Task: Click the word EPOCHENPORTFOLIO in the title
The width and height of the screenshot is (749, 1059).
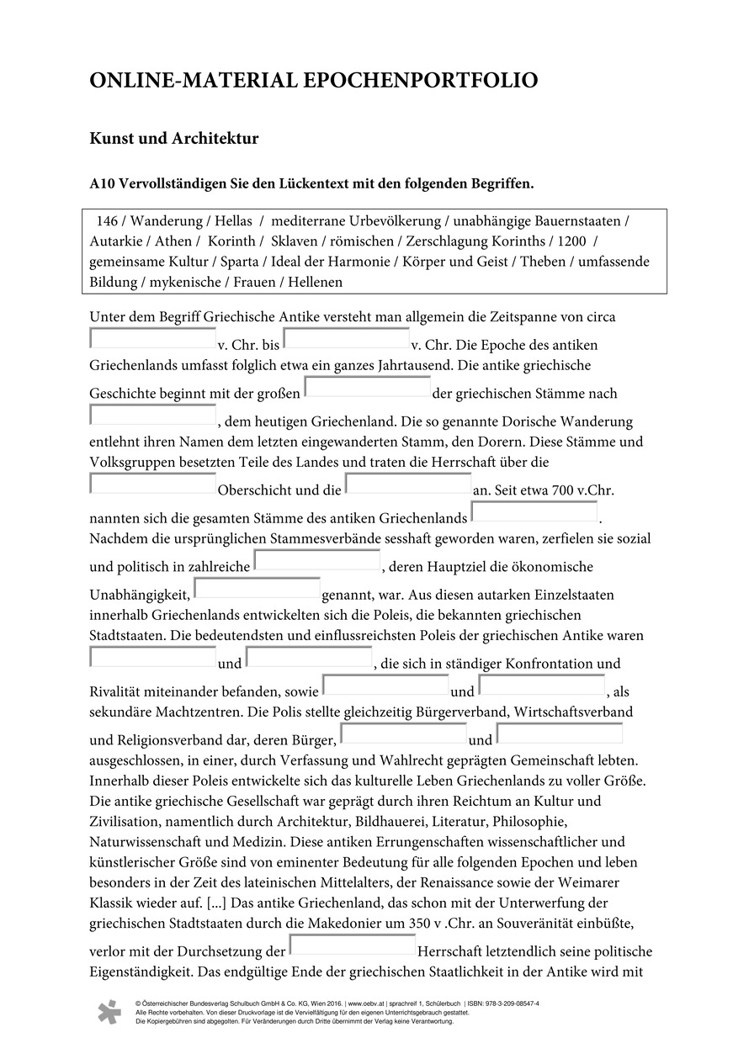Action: pyautogui.click(x=420, y=81)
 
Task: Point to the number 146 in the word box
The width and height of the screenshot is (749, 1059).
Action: pyautogui.click(x=108, y=221)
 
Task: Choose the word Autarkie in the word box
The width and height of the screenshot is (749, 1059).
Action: pyautogui.click(x=116, y=241)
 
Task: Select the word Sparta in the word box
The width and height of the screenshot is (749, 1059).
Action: pyautogui.click(x=238, y=262)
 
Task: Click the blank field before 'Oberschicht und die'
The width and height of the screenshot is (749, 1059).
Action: pyautogui.click(x=153, y=484)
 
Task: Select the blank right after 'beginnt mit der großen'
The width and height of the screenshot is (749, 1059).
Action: pyautogui.click(x=368, y=387)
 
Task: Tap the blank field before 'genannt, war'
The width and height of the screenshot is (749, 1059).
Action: pyautogui.click(x=258, y=588)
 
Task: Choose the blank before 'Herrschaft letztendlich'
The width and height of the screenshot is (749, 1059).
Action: pyautogui.click(x=353, y=945)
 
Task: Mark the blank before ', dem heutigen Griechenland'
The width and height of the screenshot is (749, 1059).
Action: pyautogui.click(x=153, y=415)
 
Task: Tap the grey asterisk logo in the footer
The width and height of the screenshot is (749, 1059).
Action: pyautogui.click(x=109, y=1012)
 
